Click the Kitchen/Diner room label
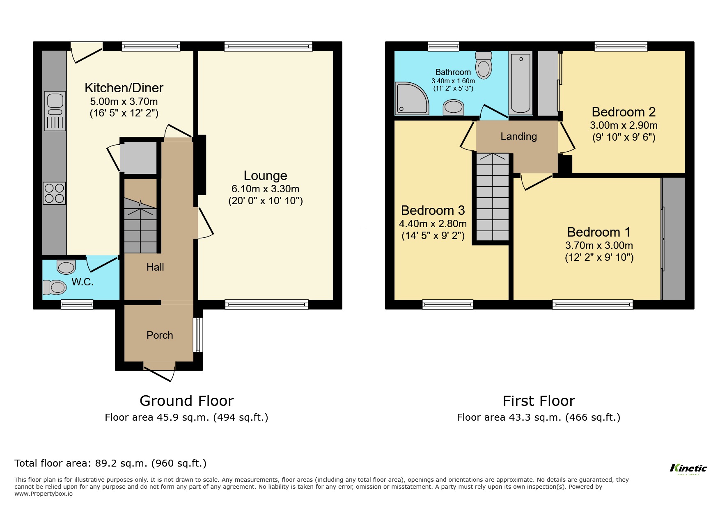coord(124,88)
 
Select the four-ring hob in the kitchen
coord(54,193)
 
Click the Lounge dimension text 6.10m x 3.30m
coord(265,189)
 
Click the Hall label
coord(155,267)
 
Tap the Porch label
coord(160,335)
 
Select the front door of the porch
coord(159,371)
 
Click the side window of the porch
coord(198,335)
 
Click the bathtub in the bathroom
coord(521,83)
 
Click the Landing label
coord(518,137)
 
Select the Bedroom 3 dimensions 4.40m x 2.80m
coord(433,224)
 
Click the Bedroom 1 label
coord(599,232)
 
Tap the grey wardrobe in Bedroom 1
coord(674,239)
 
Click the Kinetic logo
coord(688,468)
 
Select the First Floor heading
coord(539,401)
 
